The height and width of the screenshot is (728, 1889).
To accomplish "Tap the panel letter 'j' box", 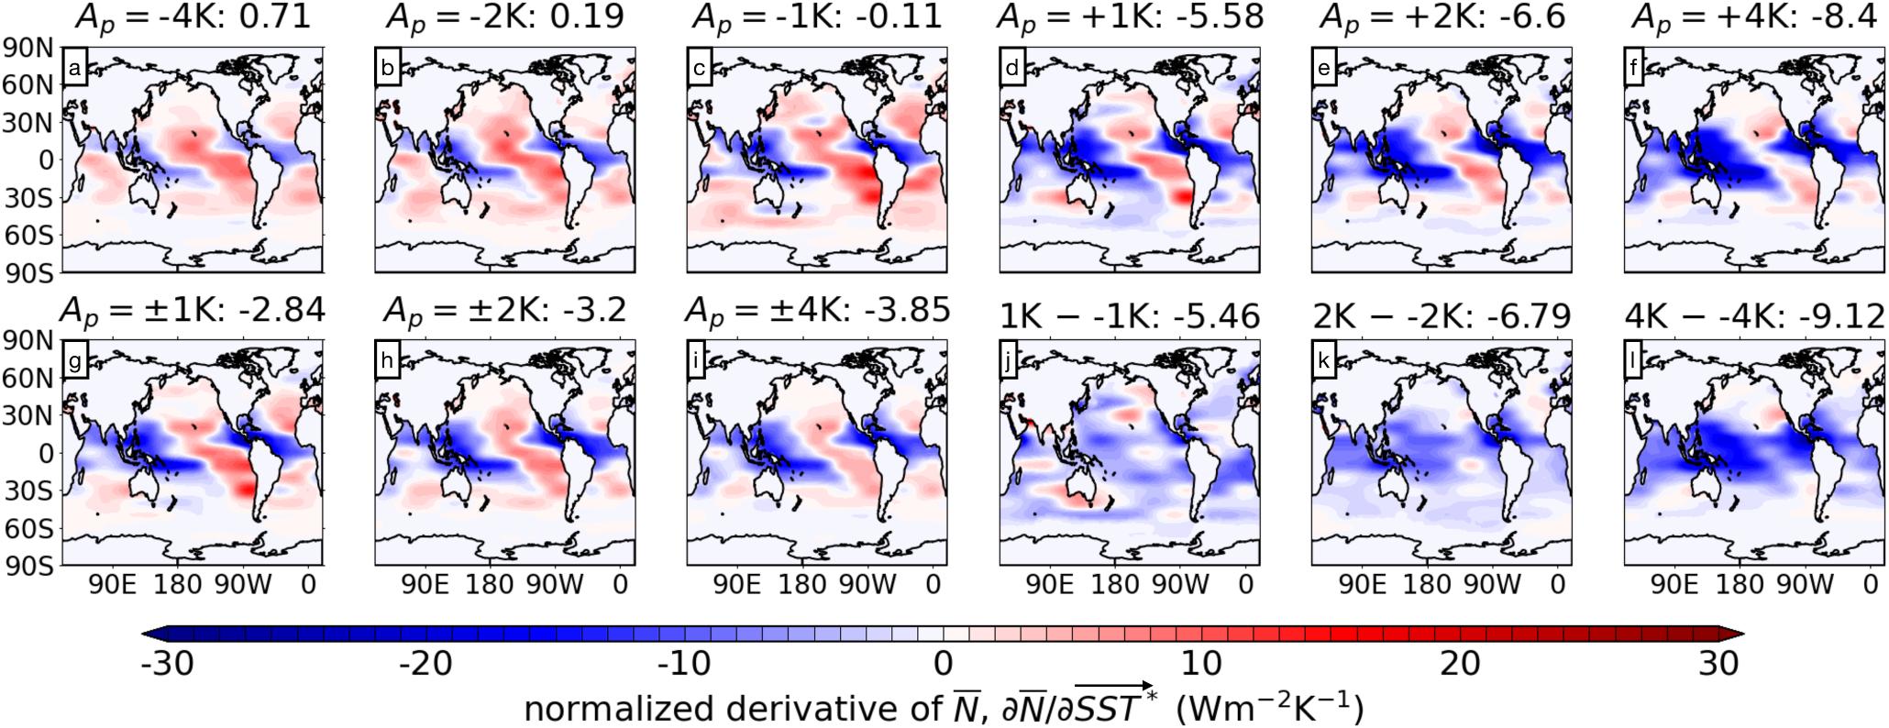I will click(1011, 361).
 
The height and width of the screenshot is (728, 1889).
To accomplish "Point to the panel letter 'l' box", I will click(1635, 361).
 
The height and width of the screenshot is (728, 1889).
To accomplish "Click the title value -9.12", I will click(1844, 316).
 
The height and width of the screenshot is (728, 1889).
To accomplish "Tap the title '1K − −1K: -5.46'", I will click(1129, 316).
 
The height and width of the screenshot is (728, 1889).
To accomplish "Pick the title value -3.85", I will click(908, 311).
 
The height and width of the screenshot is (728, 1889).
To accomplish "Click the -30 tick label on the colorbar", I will click(167, 662).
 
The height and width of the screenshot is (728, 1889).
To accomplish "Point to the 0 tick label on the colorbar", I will click(943, 662).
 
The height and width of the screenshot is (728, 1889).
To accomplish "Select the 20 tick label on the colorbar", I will click(1461, 662).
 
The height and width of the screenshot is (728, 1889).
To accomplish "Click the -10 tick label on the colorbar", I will click(685, 662).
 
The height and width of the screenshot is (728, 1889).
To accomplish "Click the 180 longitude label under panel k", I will click(1428, 584).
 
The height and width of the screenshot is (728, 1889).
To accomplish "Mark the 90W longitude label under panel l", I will click(1806, 584).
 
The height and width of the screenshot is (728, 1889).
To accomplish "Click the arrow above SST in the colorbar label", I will click(1113, 686).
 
